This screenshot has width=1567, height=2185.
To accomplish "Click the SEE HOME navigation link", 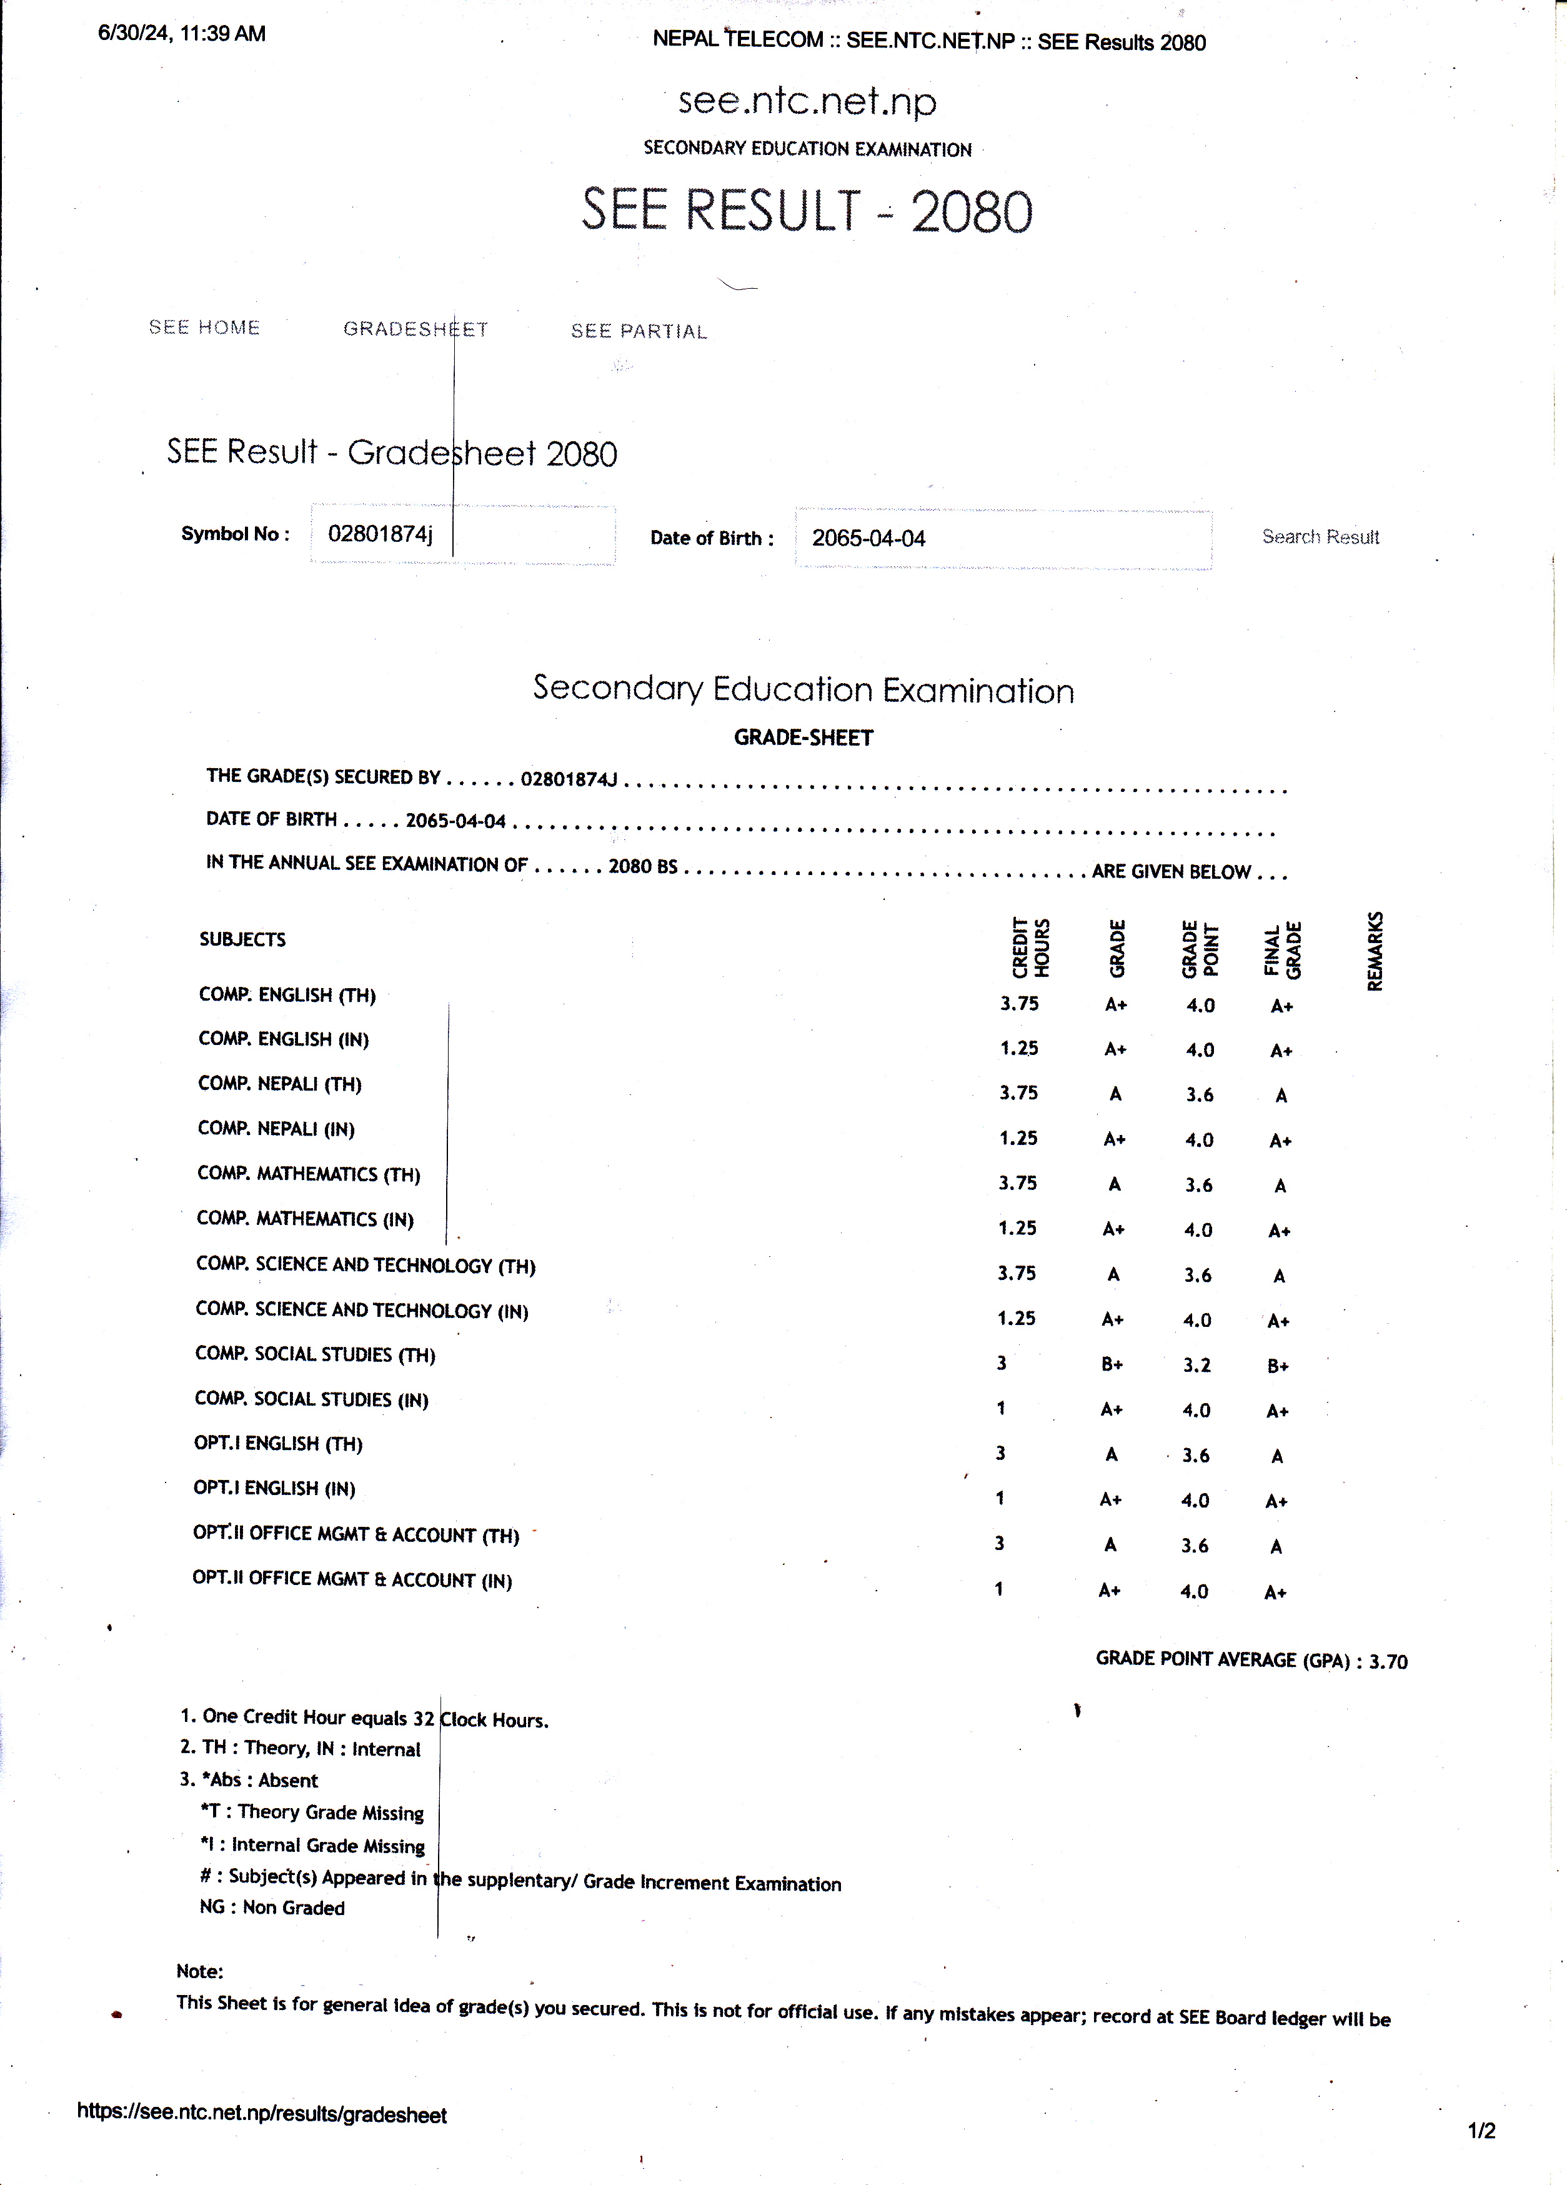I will coord(204,327).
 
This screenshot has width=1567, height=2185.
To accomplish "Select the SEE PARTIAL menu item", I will coord(639,331).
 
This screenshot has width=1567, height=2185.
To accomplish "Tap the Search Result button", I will coord(1320,537).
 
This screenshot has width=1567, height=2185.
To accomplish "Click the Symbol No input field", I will coord(462,535).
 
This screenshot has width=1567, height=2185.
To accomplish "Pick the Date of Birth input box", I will coord(1003,539).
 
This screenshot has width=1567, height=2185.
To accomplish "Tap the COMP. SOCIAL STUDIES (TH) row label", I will coord(315,1354).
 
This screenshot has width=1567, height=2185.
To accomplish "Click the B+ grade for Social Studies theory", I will coord(1112,1365).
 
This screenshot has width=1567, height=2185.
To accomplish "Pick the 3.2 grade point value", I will coord(1197,1365).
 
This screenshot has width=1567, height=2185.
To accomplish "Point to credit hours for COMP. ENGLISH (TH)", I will coord(1019,1004).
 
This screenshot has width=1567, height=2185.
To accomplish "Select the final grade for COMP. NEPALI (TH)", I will coord(1281,1096).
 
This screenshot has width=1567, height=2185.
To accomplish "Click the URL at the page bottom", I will coord(262,2114).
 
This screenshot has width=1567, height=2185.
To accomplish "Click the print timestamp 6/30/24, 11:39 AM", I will coord(182,34).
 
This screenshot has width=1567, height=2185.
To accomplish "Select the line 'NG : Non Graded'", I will coord(272,1907).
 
